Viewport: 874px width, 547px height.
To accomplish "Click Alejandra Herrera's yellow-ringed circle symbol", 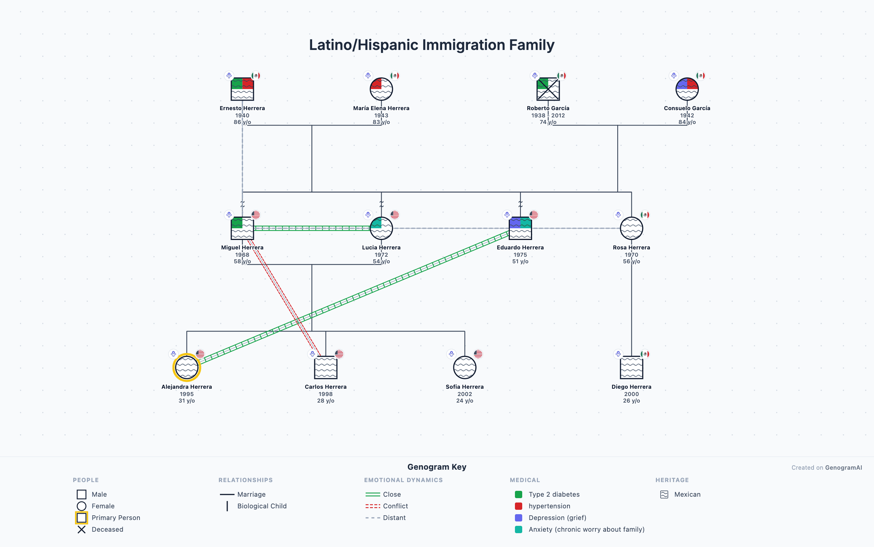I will (x=186, y=367).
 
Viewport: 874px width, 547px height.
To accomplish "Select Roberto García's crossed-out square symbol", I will (x=548, y=89).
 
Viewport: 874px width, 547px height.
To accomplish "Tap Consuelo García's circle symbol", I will (x=687, y=89).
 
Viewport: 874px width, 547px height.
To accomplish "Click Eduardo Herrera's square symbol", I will (x=520, y=228).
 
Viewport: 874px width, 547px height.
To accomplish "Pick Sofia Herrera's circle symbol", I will (x=464, y=367).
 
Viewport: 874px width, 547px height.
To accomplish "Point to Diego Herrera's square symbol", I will (x=631, y=367).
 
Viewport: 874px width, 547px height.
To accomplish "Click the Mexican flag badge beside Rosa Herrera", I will (x=645, y=215).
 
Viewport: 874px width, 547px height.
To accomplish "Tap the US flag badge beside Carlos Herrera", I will (x=339, y=354).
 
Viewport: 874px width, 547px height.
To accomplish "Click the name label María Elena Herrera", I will (x=381, y=108).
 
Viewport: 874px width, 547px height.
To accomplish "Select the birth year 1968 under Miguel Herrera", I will (x=242, y=255).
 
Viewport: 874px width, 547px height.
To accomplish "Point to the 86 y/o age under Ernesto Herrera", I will (x=242, y=122).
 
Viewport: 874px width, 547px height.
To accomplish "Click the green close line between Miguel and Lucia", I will (x=311, y=228).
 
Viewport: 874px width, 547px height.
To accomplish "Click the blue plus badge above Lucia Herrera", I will (x=368, y=215).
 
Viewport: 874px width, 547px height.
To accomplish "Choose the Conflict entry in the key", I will (x=395, y=506).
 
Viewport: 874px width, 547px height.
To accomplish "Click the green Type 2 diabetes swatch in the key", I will (x=519, y=494).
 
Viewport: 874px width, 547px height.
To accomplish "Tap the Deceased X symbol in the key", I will (x=82, y=529).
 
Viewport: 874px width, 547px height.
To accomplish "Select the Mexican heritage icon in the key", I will (x=664, y=494).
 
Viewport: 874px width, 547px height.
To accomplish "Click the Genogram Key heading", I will (x=437, y=467).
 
